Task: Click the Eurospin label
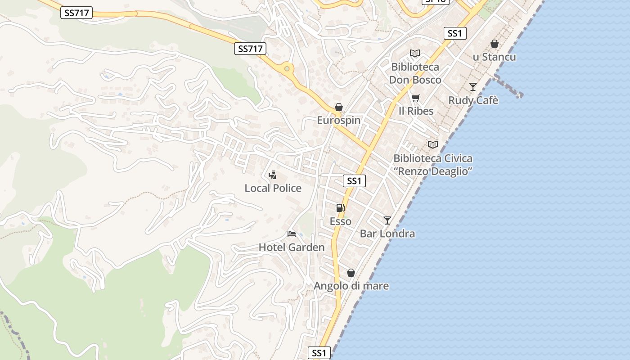click(339, 121)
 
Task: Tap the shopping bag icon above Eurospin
click(339, 108)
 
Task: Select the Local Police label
click(273, 188)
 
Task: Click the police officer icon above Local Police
click(272, 175)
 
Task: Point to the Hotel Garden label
click(291, 247)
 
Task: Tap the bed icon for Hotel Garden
click(292, 234)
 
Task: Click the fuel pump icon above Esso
click(341, 208)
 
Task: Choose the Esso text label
click(340, 221)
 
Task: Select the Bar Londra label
click(387, 234)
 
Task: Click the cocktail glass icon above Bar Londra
click(387, 220)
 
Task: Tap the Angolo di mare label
click(351, 286)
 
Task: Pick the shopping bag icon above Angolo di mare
click(351, 273)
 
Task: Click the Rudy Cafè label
click(473, 100)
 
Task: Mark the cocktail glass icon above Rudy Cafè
click(473, 87)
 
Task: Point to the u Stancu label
click(494, 57)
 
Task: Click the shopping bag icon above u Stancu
click(495, 44)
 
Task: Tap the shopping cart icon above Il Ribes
click(416, 98)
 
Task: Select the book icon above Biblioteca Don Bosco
click(415, 54)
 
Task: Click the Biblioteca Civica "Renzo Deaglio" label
click(433, 165)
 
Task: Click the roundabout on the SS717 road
click(287, 69)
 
